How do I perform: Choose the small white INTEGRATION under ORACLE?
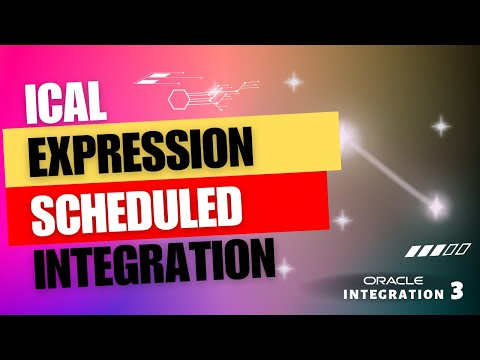click(390, 294)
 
